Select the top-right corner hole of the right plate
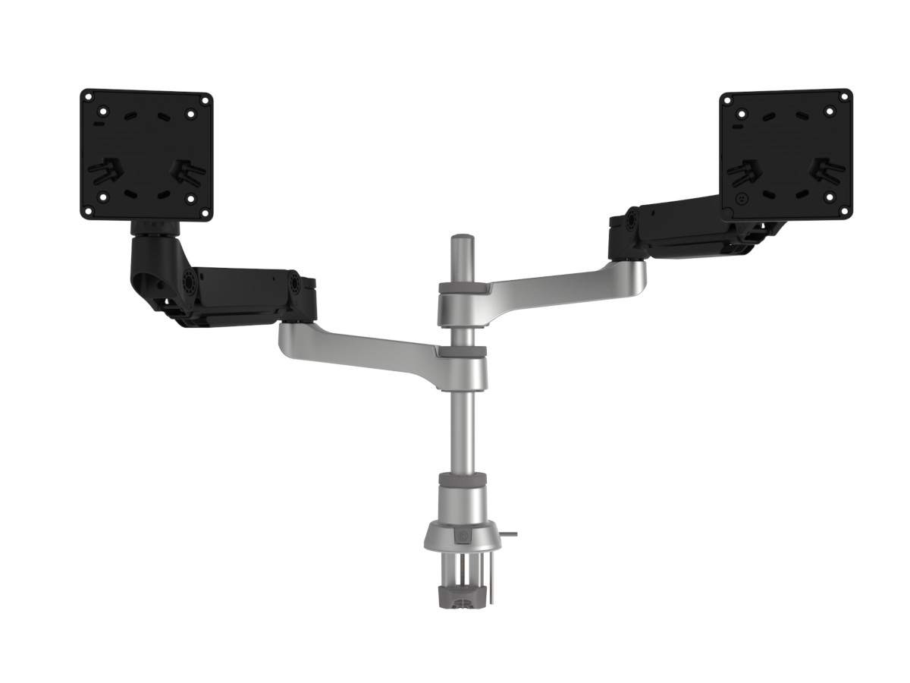pyautogui.click(x=843, y=96)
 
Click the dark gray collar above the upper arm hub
pyautogui.click(x=463, y=288)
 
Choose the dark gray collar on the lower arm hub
pyautogui.click(x=462, y=352)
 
